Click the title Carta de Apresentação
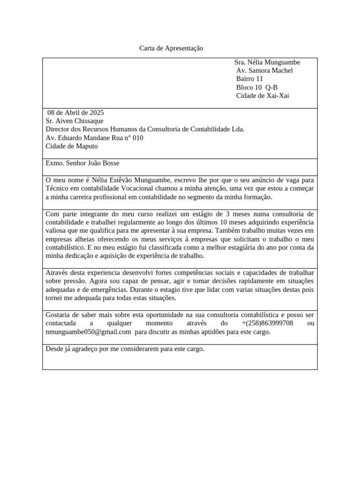[x=172, y=48]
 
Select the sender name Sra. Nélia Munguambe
[x=267, y=62]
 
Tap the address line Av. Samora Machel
[x=264, y=71]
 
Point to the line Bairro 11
[x=249, y=79]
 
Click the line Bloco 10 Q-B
[x=257, y=88]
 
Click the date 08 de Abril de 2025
[x=75, y=113]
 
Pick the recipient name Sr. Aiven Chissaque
[x=75, y=121]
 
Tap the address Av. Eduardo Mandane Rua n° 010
[x=94, y=138]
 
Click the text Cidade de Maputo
[x=72, y=146]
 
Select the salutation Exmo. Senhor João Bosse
[x=82, y=164]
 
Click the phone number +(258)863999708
[x=267, y=323]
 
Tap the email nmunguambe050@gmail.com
[x=88, y=332]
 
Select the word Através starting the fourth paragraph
[x=57, y=273]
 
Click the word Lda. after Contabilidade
[x=238, y=129]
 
